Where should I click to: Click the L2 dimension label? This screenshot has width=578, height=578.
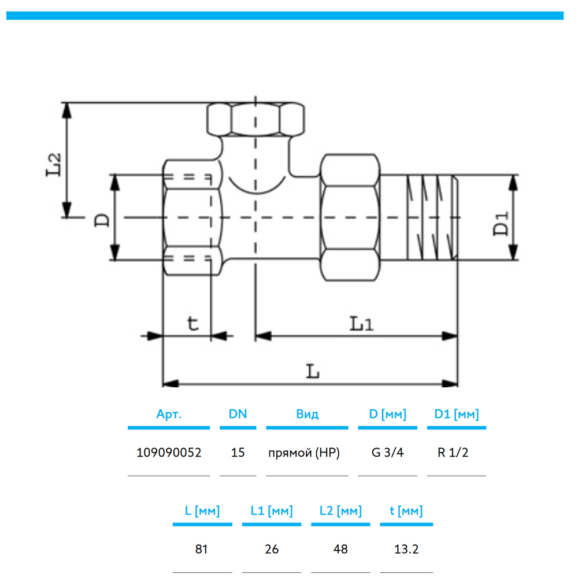click(x=53, y=164)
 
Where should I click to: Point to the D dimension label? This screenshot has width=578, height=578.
click(x=102, y=219)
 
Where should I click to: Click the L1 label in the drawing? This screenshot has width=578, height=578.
click(x=361, y=324)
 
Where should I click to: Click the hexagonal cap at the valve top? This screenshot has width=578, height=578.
click(x=255, y=118)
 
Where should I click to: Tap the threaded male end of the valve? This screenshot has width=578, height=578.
click(x=431, y=217)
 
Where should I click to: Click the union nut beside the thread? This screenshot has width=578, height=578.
click(x=351, y=217)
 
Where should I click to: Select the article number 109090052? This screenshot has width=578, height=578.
click(x=168, y=453)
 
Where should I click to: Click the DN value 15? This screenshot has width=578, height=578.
click(x=238, y=453)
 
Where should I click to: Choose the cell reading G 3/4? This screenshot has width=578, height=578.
click(x=387, y=453)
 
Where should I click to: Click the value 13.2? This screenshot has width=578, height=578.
click(x=406, y=549)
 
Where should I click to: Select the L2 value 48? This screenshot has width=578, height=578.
click(x=340, y=549)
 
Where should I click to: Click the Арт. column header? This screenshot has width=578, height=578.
click(x=169, y=414)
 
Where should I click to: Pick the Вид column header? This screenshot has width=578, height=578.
click(x=307, y=414)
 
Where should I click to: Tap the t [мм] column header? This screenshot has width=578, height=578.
click(x=406, y=511)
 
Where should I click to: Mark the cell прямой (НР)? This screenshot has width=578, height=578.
click(x=303, y=453)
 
